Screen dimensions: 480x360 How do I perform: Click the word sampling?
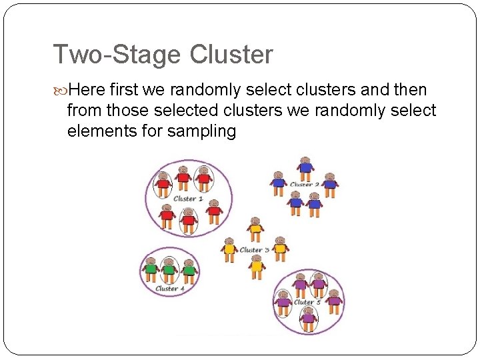click(x=203, y=131)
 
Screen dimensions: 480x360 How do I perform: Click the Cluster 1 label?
click(x=189, y=199)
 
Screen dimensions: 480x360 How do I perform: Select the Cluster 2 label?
click(x=305, y=185)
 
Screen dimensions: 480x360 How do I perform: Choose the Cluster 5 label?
click(x=307, y=302)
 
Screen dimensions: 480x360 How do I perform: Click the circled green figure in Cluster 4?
click(x=169, y=269)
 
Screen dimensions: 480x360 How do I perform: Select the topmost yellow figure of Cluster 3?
click(x=255, y=229)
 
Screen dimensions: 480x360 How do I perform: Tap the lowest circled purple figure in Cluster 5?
click(x=308, y=318)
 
